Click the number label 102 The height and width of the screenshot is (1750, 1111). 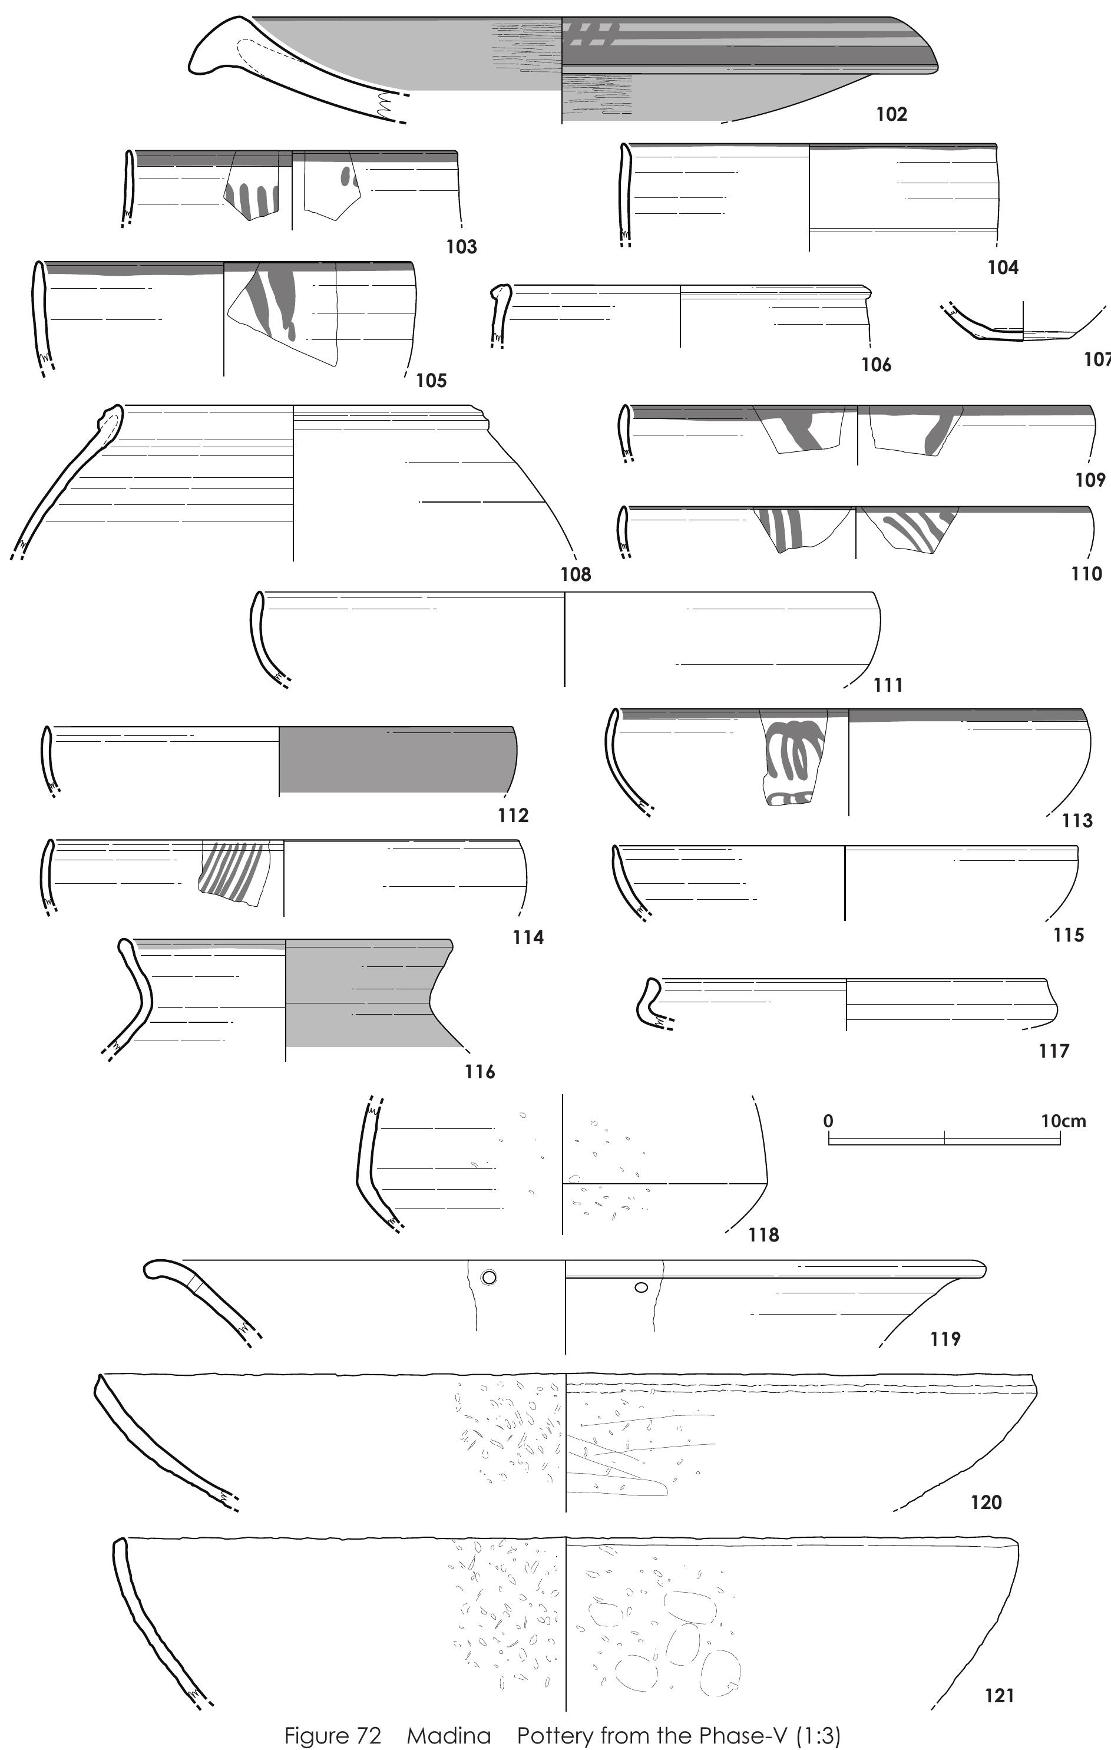[x=891, y=114]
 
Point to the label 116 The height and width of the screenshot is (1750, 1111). [x=480, y=1071]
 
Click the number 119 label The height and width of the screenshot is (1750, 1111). [x=945, y=1339]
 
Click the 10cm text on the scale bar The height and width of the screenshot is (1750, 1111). [x=1063, y=1121]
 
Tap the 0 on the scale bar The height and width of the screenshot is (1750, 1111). [x=828, y=1121]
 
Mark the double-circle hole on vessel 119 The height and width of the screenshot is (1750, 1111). [x=489, y=1277]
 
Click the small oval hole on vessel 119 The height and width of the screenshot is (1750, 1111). [x=641, y=1287]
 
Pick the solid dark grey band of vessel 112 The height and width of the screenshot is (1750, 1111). [x=398, y=760]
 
